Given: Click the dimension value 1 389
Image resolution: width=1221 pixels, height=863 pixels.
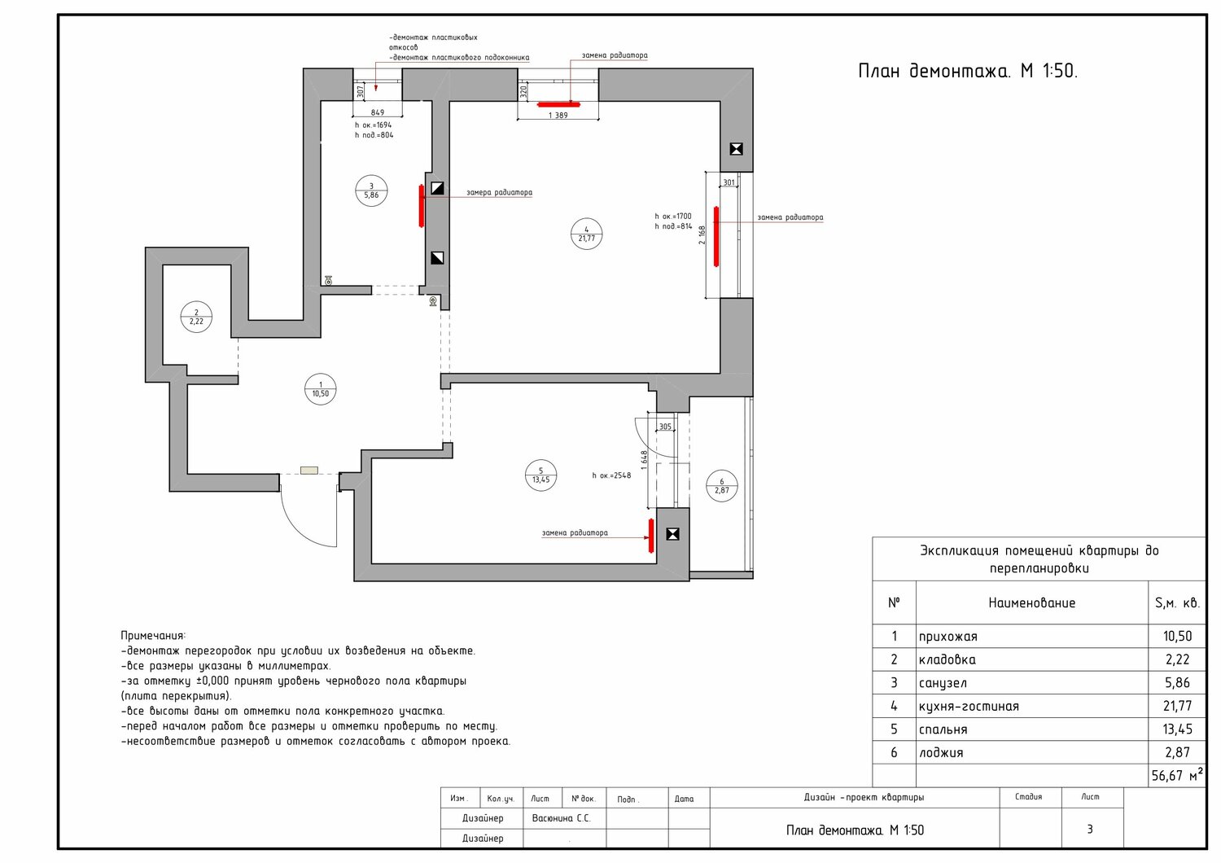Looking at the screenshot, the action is point(558,116).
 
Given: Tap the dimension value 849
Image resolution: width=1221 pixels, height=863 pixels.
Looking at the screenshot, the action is point(377,113).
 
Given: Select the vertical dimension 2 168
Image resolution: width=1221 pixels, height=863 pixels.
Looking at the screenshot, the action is point(702,235).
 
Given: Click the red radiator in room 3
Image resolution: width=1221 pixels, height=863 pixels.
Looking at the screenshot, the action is point(422,205).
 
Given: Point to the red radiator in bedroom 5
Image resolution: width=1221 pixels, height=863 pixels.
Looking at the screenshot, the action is point(651,536).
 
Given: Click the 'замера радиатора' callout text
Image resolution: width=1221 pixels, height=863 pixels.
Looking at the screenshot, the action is point(499,192).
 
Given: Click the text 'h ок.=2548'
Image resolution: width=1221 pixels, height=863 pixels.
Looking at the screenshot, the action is point(611,475).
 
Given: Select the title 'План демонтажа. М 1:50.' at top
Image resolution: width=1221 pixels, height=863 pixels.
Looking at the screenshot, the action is point(968,72).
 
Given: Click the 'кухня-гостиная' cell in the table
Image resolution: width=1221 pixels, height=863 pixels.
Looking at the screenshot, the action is point(969,707).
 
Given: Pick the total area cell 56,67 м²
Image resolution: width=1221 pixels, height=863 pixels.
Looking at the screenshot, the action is point(1177,775).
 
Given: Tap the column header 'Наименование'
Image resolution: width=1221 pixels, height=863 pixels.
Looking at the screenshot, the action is point(1032,603).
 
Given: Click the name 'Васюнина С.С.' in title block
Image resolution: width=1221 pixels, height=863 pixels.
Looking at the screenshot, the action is point(562,818).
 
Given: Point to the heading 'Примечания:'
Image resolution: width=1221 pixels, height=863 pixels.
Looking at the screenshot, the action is point(153,636).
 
